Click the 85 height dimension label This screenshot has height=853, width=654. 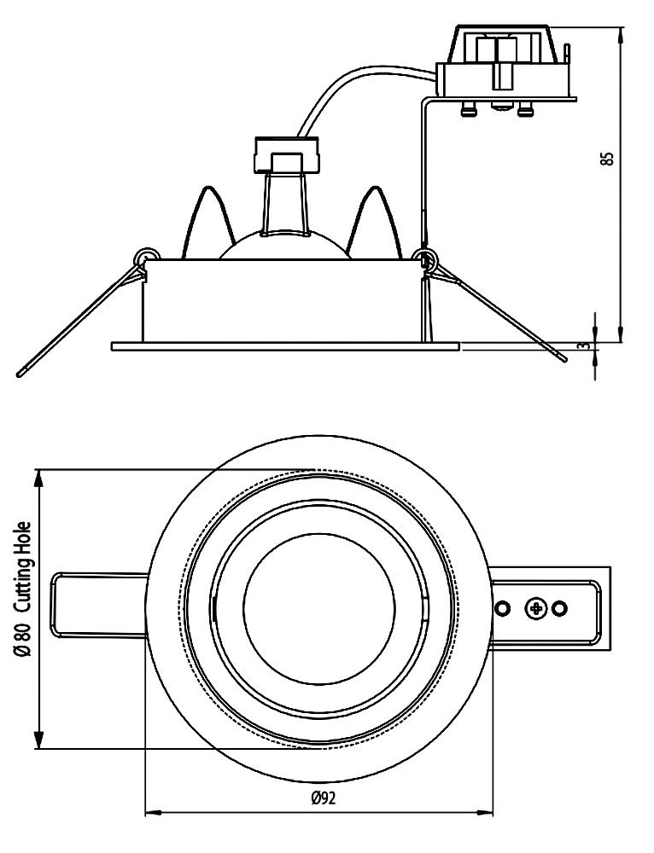point(607,160)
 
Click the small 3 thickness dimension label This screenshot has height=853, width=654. point(582,345)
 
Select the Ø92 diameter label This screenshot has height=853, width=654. point(322,798)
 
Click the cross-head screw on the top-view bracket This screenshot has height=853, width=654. point(537,608)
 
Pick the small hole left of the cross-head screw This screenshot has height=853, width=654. point(504,608)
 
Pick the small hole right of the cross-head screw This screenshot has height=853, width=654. point(560,608)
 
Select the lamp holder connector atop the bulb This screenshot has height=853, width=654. point(286,154)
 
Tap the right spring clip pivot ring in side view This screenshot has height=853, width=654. point(424,257)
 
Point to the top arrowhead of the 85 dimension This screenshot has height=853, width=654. point(621,32)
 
